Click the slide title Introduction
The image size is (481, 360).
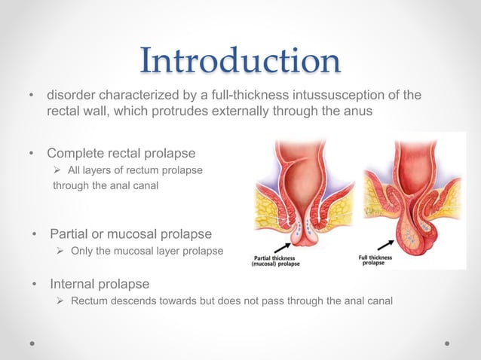tap(240, 60)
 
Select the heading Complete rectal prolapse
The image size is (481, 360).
tap(121, 154)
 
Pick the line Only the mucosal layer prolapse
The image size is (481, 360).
tap(146, 250)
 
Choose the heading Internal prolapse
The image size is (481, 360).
tap(100, 285)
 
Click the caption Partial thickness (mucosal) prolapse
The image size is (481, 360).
tap(277, 261)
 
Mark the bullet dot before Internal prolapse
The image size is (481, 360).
tap(35, 285)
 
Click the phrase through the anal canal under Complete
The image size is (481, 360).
tap(106, 186)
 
